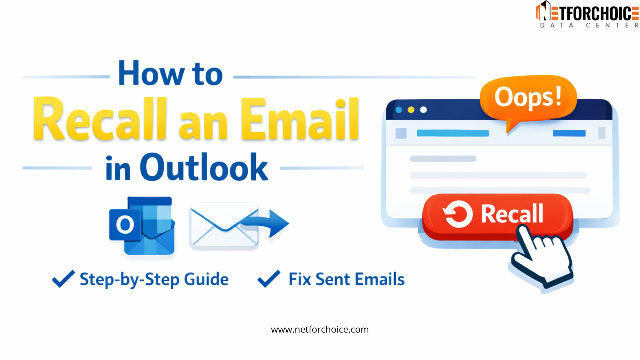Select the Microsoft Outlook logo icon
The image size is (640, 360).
(142, 226)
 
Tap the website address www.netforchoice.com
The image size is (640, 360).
(320, 329)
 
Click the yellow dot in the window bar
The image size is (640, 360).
(411, 110)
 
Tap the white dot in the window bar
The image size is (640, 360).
(423, 110)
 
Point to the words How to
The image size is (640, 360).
(171, 74)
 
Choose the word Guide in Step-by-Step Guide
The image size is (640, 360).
(206, 279)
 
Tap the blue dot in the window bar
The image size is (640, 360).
(399, 110)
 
